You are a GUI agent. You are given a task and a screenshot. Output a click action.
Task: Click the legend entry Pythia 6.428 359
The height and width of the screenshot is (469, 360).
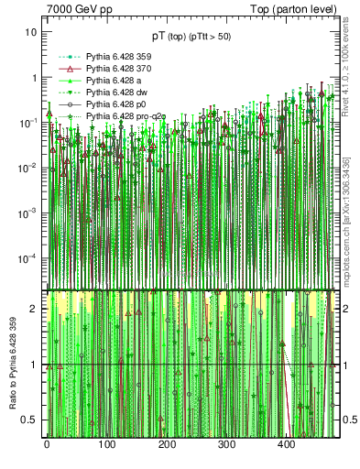115,57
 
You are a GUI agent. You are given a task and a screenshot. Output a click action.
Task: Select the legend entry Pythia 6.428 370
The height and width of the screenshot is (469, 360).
115,69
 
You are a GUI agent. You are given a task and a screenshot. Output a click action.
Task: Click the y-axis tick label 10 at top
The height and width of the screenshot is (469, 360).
31,32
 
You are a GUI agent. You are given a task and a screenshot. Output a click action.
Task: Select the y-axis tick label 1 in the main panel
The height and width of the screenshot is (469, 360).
34,78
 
